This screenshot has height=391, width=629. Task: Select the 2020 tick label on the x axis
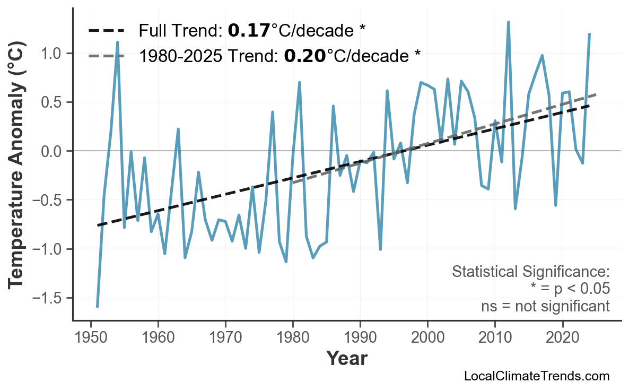pyautogui.click(x=562, y=338)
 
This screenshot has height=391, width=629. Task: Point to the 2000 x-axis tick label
pyautogui.click(x=427, y=338)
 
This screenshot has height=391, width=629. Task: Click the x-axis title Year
pyautogui.click(x=346, y=359)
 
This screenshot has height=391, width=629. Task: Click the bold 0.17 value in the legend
pyautogui.click(x=249, y=31)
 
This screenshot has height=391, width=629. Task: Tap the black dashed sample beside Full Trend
pyautogui.click(x=106, y=31)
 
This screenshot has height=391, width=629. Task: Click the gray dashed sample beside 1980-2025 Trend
pyautogui.click(x=106, y=55)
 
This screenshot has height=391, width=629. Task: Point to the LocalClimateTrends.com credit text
pyautogui.click(x=537, y=377)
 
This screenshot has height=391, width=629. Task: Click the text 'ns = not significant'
pyautogui.click(x=545, y=306)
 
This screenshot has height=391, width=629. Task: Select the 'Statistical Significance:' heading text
pyautogui.click(x=530, y=272)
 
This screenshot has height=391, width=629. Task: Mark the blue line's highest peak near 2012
pyautogui.click(x=508, y=22)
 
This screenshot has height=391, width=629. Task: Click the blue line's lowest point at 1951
pyautogui.click(x=98, y=306)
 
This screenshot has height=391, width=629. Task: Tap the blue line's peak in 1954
pyautogui.click(x=117, y=42)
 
